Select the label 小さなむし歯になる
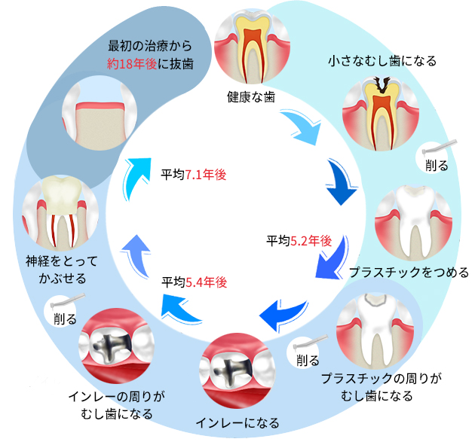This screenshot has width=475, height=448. (x=382, y=60)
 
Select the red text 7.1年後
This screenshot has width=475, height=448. (x=207, y=174)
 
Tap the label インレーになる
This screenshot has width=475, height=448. (x=237, y=422)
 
